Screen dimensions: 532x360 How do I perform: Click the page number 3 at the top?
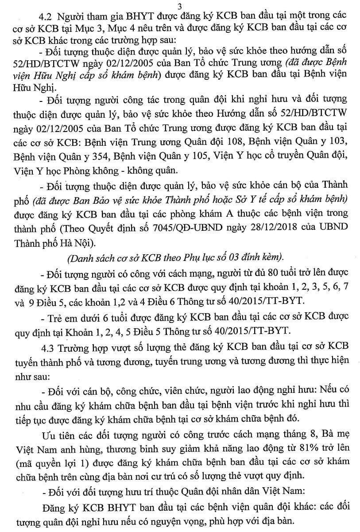pos(179,6)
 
